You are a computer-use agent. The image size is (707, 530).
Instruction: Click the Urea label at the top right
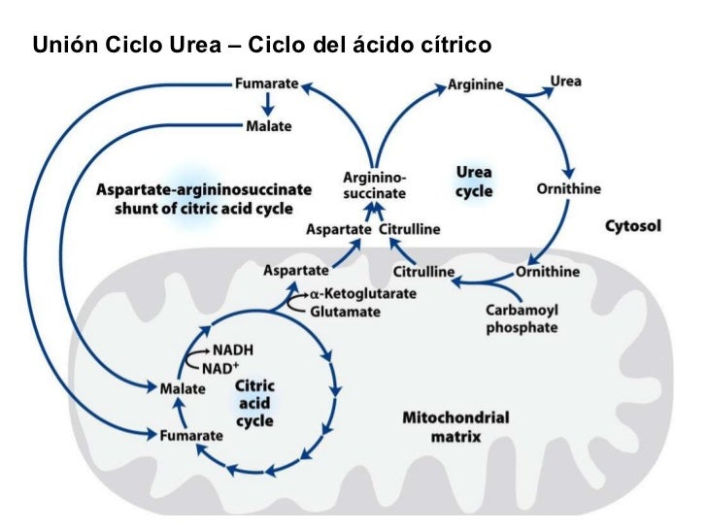(565, 81)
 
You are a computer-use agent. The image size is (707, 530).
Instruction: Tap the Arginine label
(475, 84)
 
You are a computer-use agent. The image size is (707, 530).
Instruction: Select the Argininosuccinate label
(374, 185)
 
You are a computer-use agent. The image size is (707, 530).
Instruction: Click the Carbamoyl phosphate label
(522, 318)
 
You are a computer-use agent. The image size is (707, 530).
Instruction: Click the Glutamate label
(345, 312)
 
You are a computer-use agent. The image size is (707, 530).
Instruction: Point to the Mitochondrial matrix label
(455, 427)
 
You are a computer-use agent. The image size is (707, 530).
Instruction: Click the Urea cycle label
(474, 182)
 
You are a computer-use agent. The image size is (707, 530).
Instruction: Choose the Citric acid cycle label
(255, 404)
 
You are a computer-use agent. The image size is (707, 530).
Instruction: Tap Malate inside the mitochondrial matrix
(182, 388)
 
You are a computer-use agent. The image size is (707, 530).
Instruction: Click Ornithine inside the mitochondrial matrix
(548, 271)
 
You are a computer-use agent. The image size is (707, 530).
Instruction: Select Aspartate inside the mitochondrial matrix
(295, 270)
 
